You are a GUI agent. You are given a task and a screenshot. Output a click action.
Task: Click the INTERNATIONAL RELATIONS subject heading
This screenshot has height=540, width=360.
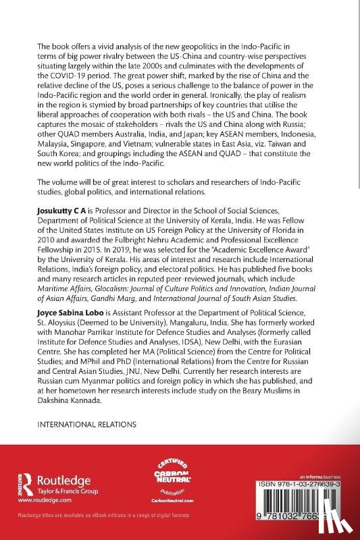point(86,426)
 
